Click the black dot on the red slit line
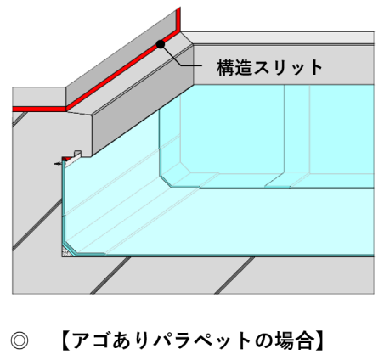[x=161, y=44]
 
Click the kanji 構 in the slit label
[x=226, y=67]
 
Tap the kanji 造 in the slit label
[x=243, y=67]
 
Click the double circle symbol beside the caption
[x=20, y=340]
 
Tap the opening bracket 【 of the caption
[x=66, y=340]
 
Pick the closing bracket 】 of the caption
[x=319, y=340]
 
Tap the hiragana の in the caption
[x=264, y=340]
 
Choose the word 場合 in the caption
[x=294, y=340]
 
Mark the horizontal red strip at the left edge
[x=39, y=110]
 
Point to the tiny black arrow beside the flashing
[x=58, y=164]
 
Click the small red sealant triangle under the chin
[x=67, y=159]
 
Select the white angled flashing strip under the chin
[x=73, y=160]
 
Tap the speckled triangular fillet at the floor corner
[x=66, y=252]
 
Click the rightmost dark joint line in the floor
[x=234, y=275]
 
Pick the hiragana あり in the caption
[x=131, y=340]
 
